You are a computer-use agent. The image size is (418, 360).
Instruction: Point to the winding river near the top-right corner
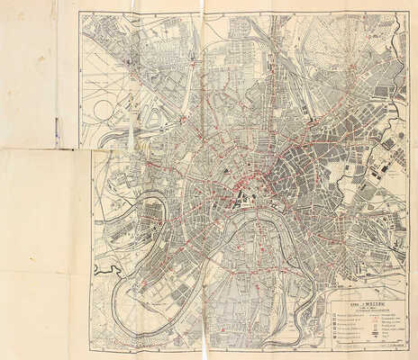378,36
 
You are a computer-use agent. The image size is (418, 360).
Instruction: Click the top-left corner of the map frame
79,12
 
